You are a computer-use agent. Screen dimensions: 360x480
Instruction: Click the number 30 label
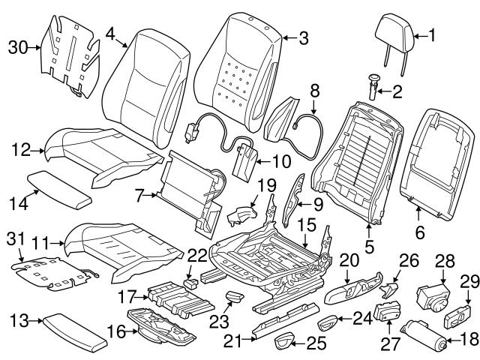(17, 47)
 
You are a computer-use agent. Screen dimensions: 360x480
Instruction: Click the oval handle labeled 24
(328, 323)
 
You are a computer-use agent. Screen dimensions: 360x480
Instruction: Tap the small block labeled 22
(190, 282)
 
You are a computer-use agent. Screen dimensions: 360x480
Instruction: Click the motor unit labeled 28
(432, 290)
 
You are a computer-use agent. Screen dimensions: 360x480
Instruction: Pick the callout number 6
(419, 234)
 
